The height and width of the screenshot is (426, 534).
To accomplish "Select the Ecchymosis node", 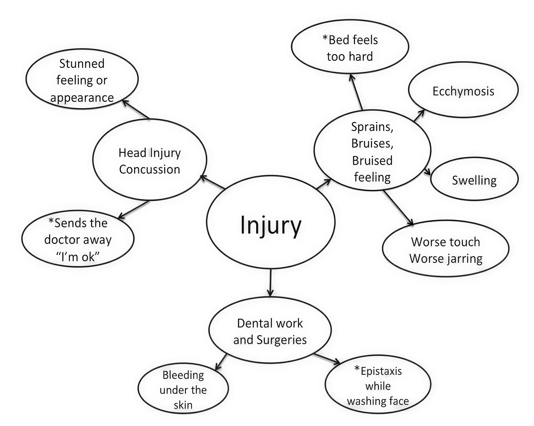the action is (x=463, y=90).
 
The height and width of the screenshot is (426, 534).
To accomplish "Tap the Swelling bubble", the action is (x=474, y=179).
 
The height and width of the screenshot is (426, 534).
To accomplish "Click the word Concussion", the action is (x=150, y=169).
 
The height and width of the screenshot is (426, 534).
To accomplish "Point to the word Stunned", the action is (x=82, y=64).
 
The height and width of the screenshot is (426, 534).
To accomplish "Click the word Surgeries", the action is (x=282, y=340).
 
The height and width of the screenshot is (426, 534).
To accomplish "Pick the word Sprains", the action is (x=372, y=127).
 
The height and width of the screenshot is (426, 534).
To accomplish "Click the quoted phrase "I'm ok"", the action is (x=78, y=257).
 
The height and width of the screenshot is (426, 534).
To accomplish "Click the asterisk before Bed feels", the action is (x=325, y=38).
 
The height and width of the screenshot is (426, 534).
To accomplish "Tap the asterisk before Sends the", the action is (x=51, y=221).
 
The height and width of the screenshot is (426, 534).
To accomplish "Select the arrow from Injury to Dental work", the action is (x=270, y=283).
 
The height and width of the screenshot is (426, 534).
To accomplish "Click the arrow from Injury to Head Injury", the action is (x=212, y=182).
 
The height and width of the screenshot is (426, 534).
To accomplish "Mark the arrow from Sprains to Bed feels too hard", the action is (x=356, y=92).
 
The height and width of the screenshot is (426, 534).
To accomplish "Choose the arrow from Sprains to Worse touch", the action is (x=398, y=208).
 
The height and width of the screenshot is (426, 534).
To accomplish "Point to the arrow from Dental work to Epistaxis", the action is (x=327, y=359).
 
